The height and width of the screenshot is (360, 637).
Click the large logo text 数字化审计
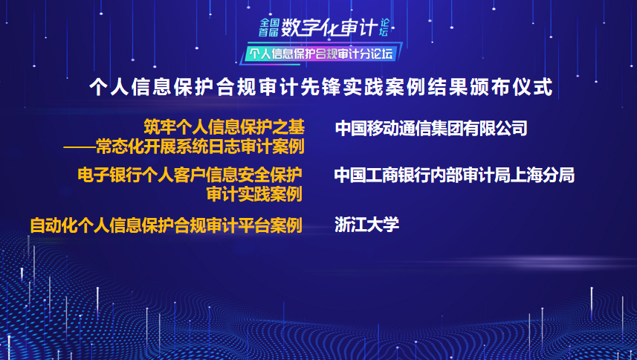329,28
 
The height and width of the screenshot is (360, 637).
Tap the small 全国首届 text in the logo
269,28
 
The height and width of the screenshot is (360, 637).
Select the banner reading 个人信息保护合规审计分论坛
321,54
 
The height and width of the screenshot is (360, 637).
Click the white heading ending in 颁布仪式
321,87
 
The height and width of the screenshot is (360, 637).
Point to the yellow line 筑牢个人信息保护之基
224,127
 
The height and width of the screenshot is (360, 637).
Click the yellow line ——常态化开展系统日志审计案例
184,147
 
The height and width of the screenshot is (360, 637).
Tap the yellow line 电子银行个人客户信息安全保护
190,175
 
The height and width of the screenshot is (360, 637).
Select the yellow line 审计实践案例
254,194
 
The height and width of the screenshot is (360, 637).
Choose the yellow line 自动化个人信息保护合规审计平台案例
166,225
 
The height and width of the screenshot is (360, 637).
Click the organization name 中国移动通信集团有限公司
431,129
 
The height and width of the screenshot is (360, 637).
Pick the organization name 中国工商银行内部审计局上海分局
455,176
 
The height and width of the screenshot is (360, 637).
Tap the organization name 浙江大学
367,225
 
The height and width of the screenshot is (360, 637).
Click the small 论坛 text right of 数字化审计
384,28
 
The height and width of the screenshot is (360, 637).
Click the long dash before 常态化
80,147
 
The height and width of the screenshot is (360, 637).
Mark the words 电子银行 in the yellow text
109,175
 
